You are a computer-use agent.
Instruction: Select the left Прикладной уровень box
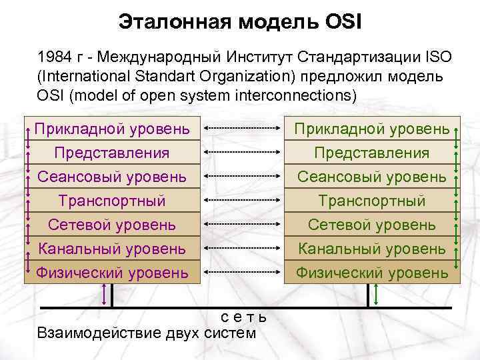point(111,128)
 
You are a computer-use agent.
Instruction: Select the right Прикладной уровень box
point(371,128)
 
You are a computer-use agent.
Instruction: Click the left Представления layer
point(111,153)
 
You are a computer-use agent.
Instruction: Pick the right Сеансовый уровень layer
point(371,177)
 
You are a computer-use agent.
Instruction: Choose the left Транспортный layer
point(111,201)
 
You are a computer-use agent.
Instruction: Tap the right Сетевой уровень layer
point(371,225)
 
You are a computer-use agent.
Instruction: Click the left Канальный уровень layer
point(111,249)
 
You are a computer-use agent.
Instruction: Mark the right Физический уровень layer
point(371,272)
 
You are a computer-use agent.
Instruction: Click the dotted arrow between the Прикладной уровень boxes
point(241,127)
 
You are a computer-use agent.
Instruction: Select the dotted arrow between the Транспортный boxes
point(241,200)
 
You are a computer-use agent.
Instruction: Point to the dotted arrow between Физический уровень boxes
point(241,272)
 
